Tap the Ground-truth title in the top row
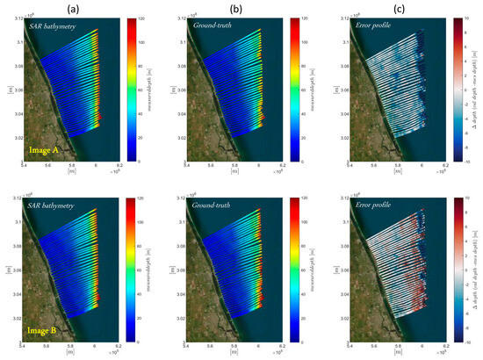[x=214, y=29]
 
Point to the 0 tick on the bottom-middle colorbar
[x=301, y=342]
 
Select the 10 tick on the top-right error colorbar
[x=459, y=19]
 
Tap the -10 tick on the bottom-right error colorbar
[x=459, y=342]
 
